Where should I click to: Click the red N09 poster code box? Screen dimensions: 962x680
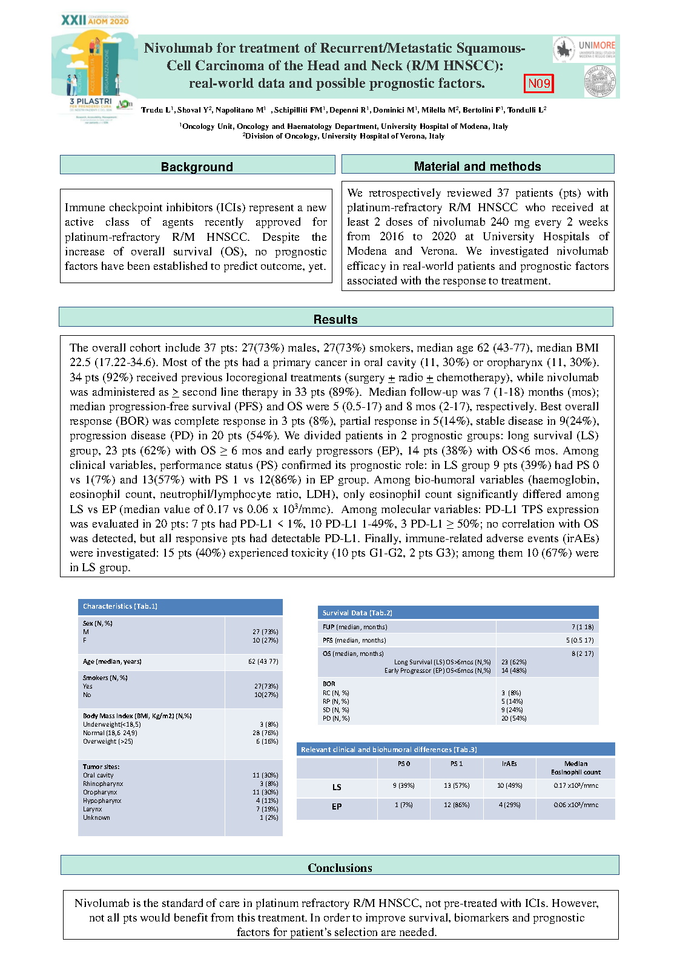pyautogui.click(x=539, y=83)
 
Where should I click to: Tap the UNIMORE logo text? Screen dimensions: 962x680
pyautogui.click(x=596, y=45)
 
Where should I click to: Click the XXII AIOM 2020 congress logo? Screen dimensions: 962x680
pyautogui.click(x=95, y=20)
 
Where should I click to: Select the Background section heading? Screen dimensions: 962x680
pyautogui.click(x=197, y=166)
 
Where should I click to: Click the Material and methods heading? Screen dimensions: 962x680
pyautogui.click(x=477, y=166)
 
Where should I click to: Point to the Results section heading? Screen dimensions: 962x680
pyautogui.click(x=335, y=319)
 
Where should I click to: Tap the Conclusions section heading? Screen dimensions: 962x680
pyautogui.click(x=340, y=868)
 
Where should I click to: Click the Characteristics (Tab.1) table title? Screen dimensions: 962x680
pyautogui.click(x=120, y=606)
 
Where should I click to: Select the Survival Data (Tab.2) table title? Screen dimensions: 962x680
pyautogui.click(x=357, y=613)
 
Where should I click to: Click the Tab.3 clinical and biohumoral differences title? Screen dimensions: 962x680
pyautogui.click(x=389, y=750)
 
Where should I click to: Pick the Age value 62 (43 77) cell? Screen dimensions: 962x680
pyautogui.click(x=263, y=661)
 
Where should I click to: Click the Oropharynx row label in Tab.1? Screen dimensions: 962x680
pyautogui.click(x=100, y=792)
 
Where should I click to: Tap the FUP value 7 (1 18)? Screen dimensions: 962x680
pyautogui.click(x=583, y=627)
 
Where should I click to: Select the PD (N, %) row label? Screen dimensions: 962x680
pyautogui.click(x=336, y=718)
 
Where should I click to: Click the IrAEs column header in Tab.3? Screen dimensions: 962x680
pyautogui.click(x=509, y=764)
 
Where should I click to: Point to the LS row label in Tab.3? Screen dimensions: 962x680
pyautogui.click(x=337, y=787)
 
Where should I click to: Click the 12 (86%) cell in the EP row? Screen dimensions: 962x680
pyautogui.click(x=457, y=805)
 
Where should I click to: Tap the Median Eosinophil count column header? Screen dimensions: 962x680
pyautogui.click(x=575, y=768)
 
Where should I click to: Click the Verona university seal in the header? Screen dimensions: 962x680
pyautogui.click(x=599, y=80)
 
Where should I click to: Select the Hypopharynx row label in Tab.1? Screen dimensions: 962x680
pyautogui.click(x=102, y=800)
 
